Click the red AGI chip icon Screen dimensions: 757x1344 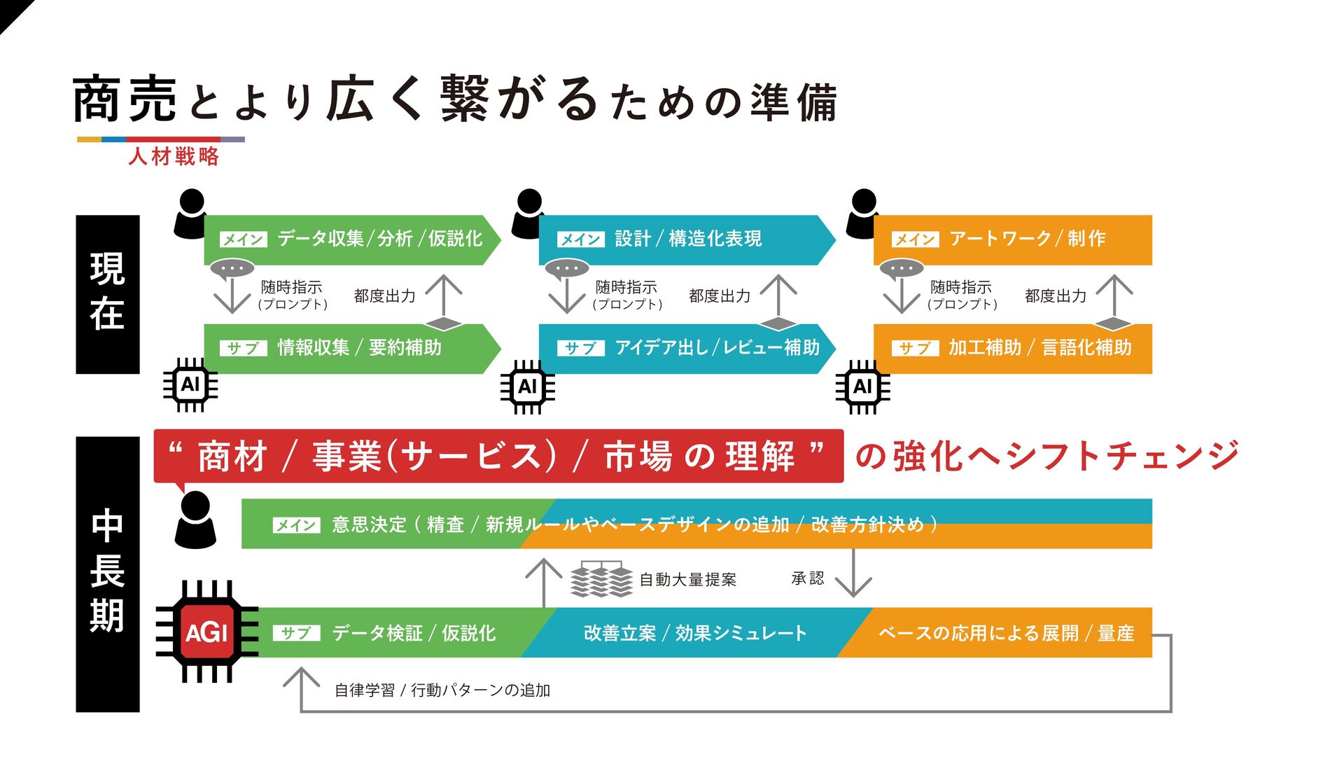206,632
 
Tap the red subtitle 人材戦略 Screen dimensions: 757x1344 174,155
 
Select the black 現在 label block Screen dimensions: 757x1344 108,294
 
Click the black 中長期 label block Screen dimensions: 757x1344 108,574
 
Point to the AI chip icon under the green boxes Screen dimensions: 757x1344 190,384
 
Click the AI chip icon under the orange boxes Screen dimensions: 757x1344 862,386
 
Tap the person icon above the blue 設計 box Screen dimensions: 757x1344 528,213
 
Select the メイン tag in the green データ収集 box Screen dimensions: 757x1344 243,239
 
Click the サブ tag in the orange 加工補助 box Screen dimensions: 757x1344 915,348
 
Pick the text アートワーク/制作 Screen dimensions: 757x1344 1027,239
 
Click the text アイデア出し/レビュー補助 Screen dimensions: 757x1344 717,347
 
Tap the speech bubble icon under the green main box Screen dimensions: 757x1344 232,269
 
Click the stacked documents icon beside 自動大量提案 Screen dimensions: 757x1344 601,579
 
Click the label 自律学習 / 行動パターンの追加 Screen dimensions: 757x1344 442,690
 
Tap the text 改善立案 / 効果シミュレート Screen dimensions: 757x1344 695,633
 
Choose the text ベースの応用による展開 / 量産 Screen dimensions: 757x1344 1006,633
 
